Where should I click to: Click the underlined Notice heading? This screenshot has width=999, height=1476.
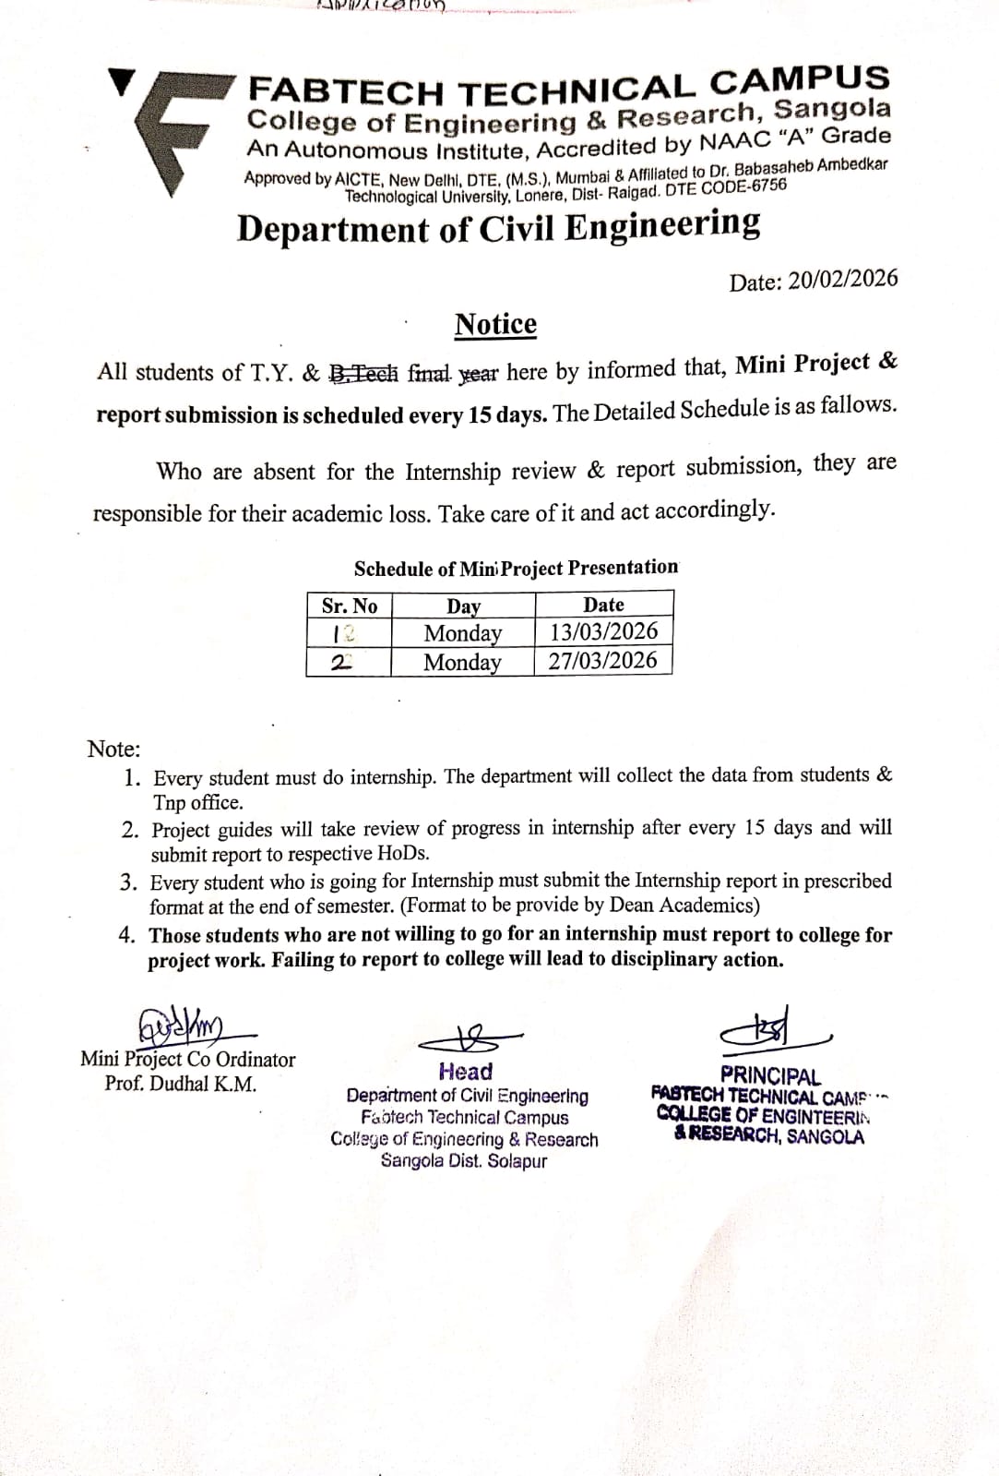click(x=495, y=325)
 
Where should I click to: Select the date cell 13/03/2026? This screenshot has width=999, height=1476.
click(x=603, y=631)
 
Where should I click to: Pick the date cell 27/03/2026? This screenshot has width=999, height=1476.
click(x=602, y=661)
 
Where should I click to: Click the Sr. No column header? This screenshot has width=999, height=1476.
click(x=349, y=606)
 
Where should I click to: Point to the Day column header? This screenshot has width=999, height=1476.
click(x=463, y=606)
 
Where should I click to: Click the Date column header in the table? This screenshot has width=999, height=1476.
click(x=603, y=605)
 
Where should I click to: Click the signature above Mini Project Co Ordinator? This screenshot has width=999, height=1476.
click(x=189, y=1026)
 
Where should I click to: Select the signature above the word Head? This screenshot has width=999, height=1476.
click(x=466, y=1038)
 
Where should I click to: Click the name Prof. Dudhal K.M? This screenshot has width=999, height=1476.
click(x=181, y=1084)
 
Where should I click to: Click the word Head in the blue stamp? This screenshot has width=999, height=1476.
click(x=466, y=1072)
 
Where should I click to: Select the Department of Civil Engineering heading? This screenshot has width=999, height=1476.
click(x=499, y=226)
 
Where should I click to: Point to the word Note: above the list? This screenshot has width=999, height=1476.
click(x=113, y=749)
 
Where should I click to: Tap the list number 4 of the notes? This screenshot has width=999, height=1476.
click(x=128, y=935)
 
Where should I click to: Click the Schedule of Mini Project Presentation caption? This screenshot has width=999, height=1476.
click(x=516, y=568)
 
